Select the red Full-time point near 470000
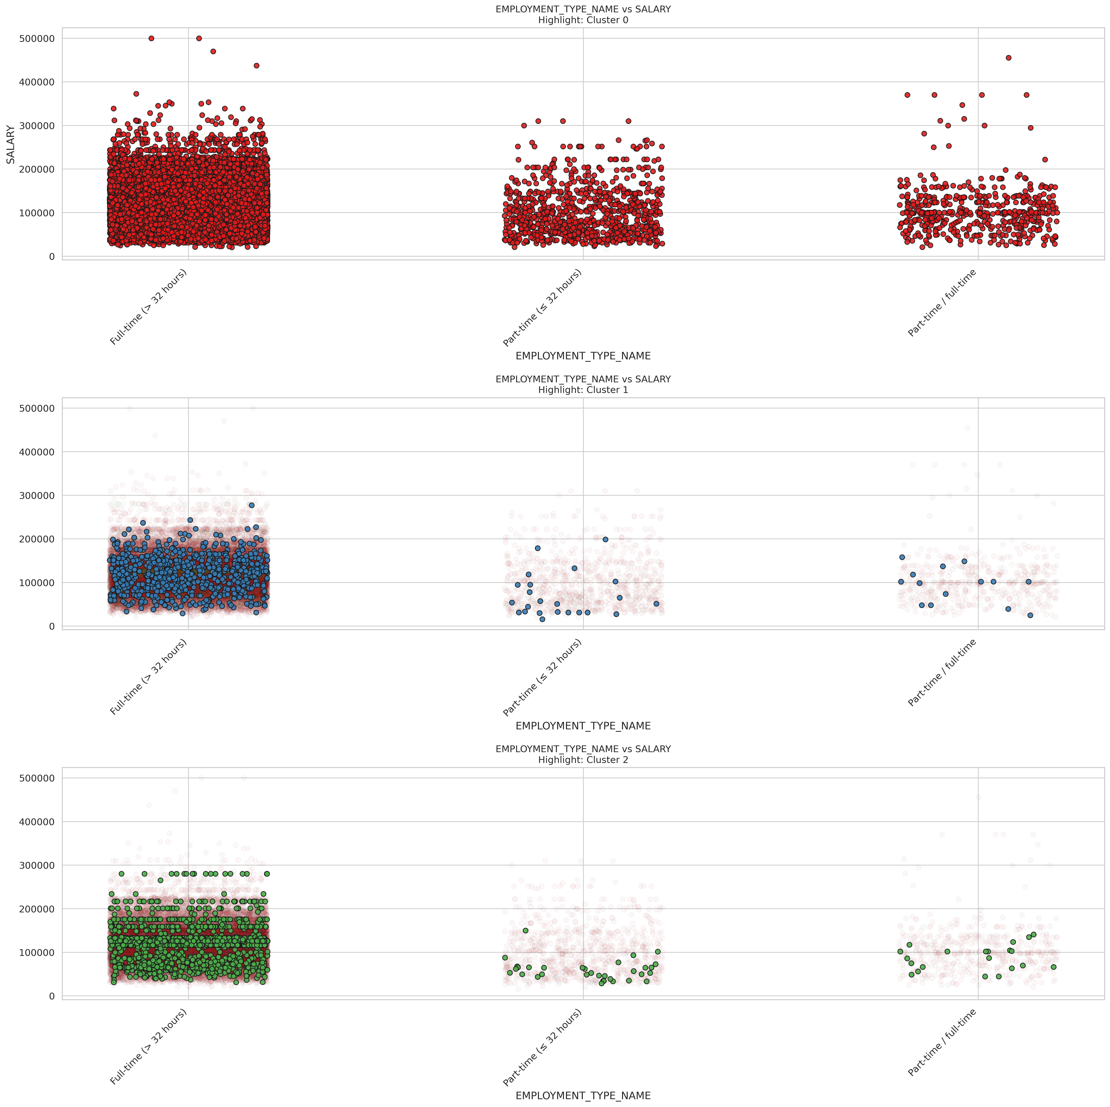point(213,51)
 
